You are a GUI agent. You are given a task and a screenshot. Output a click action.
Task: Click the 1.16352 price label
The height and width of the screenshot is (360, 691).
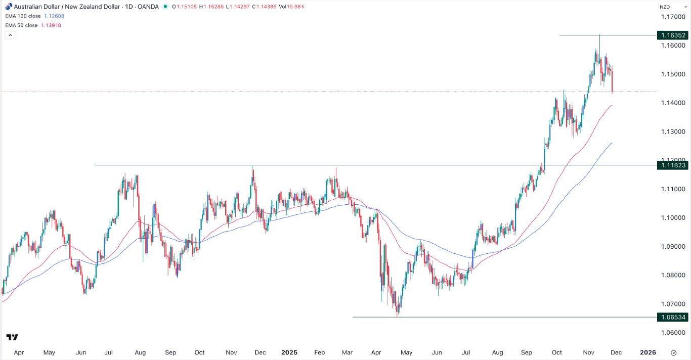(x=672, y=35)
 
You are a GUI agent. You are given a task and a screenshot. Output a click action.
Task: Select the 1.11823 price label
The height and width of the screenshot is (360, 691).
(x=672, y=165)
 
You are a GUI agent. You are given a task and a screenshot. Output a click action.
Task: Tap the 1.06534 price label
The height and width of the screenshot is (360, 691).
(x=672, y=318)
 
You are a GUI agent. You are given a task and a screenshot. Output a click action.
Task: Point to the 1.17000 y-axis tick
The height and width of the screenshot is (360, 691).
(x=672, y=17)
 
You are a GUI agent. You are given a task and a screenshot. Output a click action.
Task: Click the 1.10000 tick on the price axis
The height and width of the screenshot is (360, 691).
(x=672, y=218)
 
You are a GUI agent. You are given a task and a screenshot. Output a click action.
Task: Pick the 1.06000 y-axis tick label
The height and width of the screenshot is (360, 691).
(x=672, y=333)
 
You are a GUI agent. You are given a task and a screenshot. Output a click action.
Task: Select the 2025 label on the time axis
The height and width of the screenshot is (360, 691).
(x=289, y=352)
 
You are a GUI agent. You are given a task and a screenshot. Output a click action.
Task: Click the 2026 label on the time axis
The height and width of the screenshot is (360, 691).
(x=648, y=352)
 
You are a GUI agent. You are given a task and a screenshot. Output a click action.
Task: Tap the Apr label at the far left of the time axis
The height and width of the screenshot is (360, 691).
(x=19, y=352)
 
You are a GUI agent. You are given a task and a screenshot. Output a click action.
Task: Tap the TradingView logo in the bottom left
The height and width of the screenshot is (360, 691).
(x=13, y=337)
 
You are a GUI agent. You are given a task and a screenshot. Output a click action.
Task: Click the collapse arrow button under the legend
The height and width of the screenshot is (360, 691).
(x=10, y=35)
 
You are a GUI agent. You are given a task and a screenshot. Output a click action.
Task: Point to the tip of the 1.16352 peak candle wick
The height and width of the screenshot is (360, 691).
(x=599, y=35)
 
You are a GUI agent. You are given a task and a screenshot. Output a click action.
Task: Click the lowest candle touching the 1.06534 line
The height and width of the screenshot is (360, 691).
(x=398, y=313)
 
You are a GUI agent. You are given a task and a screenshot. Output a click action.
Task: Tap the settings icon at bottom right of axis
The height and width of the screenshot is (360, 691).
(x=674, y=352)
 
